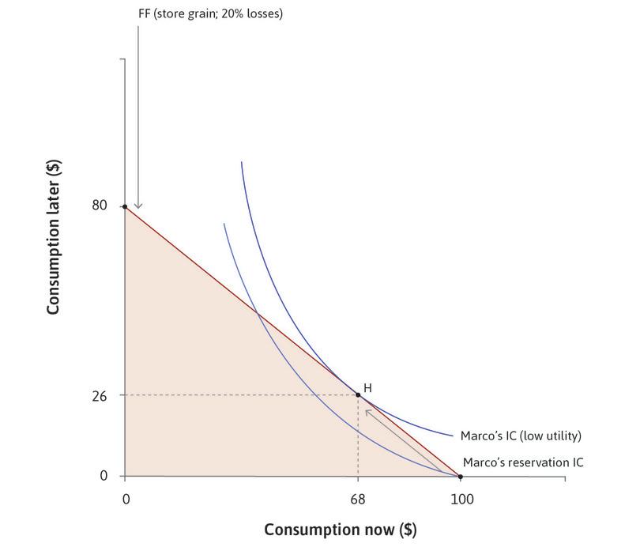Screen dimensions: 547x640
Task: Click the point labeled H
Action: pyautogui.click(x=358, y=394)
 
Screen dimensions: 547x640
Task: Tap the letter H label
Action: pyautogui.click(x=367, y=388)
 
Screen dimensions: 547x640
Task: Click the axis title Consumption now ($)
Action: pyautogui.click(x=340, y=528)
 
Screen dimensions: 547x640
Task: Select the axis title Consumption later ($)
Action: pyautogui.click(x=54, y=236)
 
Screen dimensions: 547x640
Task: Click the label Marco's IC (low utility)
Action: pyautogui.click(x=521, y=436)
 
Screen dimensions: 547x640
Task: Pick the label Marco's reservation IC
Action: pyautogui.click(x=523, y=462)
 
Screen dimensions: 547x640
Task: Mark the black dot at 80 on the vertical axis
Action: pyautogui.click(x=125, y=206)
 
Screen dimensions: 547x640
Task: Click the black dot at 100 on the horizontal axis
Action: pyautogui.click(x=460, y=476)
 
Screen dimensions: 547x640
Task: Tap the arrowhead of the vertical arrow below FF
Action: pyautogui.click(x=138, y=206)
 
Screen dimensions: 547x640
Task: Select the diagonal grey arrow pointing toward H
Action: pyautogui.click(x=403, y=439)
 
